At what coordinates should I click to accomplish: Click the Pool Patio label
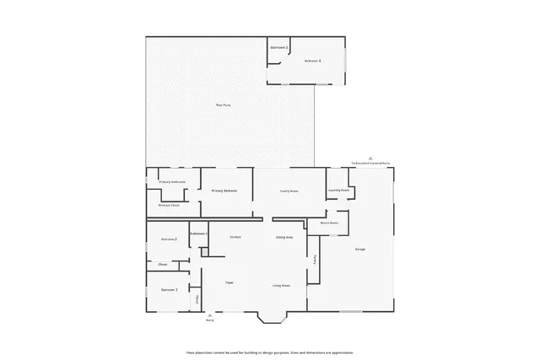224,105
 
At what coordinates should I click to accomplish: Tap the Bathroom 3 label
279,48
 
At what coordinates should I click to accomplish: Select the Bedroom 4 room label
313,61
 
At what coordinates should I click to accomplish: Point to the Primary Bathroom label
172,182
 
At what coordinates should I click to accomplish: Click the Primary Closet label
169,205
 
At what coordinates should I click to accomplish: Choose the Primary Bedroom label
224,191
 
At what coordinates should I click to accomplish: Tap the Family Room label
289,191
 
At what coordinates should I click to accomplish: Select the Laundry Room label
339,191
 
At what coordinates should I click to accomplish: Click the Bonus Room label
329,223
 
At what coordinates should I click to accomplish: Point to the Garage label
359,250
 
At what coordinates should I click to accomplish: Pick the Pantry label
315,261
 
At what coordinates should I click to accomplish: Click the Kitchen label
235,237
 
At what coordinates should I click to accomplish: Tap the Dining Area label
284,237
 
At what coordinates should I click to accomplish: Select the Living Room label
281,286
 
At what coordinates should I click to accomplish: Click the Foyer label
229,281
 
